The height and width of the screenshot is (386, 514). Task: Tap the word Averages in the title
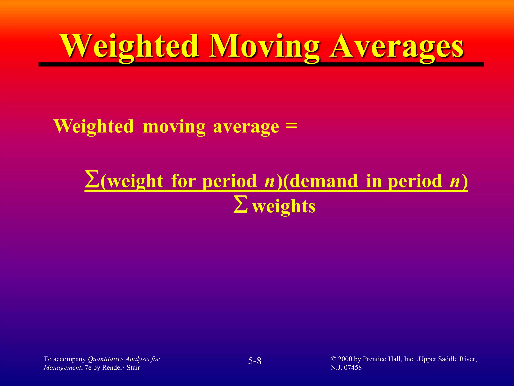397,46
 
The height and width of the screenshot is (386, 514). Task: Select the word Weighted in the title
131,46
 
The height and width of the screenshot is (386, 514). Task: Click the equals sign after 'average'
291,125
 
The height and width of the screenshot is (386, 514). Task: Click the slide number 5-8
255,361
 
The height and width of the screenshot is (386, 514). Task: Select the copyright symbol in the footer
333,359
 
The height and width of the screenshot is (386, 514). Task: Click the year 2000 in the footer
345,359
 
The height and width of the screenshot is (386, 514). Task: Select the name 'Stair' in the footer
133,368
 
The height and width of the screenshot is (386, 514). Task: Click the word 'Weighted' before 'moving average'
94,126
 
